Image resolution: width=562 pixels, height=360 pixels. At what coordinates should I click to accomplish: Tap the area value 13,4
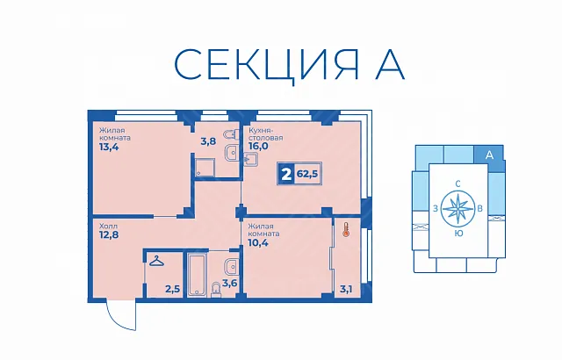(109, 147)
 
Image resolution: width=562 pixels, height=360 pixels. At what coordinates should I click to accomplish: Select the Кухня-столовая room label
(265, 133)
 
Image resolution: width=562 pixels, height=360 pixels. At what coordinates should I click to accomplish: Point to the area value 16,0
(258, 146)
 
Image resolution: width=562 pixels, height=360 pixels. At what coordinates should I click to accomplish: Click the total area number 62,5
(307, 175)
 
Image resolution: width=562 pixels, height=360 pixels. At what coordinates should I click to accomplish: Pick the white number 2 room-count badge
(286, 175)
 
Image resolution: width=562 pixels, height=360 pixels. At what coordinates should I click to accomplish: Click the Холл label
(108, 227)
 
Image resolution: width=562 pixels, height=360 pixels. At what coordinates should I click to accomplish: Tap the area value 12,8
(109, 235)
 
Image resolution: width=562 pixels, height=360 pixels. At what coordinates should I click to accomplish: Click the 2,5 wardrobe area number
(172, 289)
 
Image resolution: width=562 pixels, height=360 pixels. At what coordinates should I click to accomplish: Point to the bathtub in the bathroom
(196, 276)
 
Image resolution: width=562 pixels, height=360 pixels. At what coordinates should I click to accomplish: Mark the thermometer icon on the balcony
(346, 230)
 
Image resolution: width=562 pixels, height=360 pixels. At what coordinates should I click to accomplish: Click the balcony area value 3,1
(345, 289)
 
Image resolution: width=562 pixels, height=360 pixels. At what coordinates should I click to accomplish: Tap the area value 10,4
(258, 243)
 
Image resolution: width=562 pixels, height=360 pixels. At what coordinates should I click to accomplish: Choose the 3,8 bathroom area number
(208, 141)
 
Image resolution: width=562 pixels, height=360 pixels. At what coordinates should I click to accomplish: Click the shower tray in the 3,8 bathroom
(205, 168)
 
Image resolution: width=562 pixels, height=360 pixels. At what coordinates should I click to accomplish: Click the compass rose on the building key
(458, 208)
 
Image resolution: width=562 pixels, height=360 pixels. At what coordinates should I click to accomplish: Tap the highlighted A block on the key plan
(490, 156)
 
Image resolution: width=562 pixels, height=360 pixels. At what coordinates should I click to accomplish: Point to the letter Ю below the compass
(458, 234)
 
